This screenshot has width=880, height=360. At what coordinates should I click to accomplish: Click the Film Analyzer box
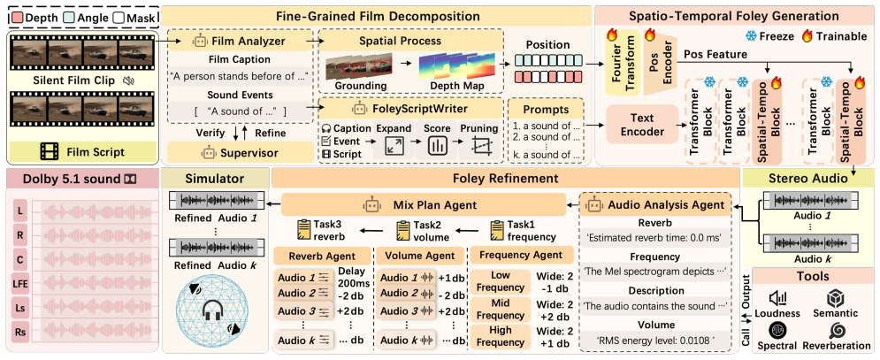tap(241, 41)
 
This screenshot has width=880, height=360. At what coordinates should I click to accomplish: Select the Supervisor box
tap(241, 151)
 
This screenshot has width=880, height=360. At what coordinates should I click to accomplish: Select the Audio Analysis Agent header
tap(656, 205)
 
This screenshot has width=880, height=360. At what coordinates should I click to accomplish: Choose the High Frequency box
tap(500, 336)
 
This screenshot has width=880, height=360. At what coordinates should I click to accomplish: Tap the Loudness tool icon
tap(778, 298)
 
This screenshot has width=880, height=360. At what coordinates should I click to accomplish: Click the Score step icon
tap(435, 146)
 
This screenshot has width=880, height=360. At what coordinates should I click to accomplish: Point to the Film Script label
tap(82, 151)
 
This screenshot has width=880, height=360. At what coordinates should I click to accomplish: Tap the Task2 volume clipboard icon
tap(404, 230)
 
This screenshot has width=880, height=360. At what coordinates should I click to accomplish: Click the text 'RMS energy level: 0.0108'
tap(655, 339)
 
